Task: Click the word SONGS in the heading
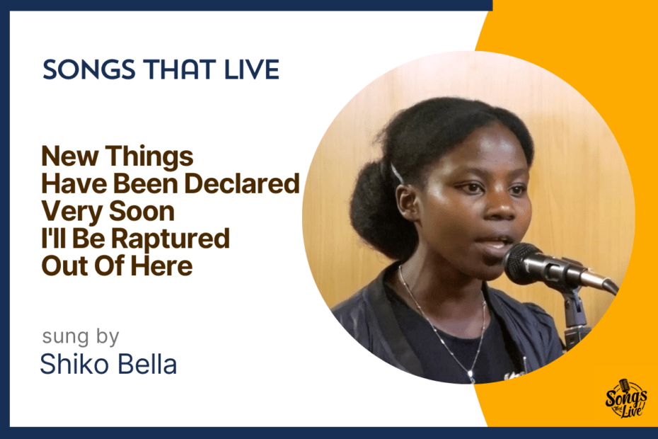(x=89, y=69)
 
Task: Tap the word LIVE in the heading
(x=252, y=69)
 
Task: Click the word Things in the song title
(x=149, y=157)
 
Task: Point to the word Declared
(x=242, y=183)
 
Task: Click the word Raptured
(x=171, y=239)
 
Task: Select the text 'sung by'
(x=81, y=337)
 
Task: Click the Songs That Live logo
(x=625, y=399)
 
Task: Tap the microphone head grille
(x=522, y=263)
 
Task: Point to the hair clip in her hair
(x=396, y=173)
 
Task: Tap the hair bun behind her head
(x=369, y=206)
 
